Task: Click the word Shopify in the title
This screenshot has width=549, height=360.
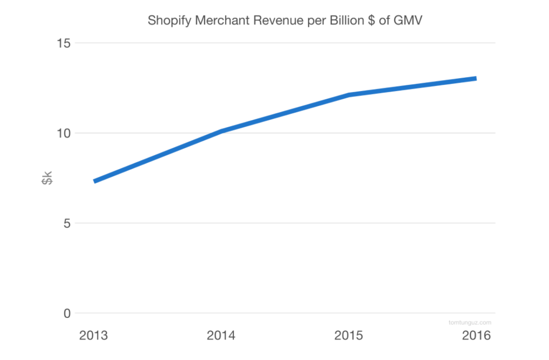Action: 165,21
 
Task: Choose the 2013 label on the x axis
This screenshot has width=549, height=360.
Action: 93,335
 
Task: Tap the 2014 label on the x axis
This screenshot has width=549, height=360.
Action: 221,335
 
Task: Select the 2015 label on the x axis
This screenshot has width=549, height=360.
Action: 349,335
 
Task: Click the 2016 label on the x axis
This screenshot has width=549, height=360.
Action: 476,335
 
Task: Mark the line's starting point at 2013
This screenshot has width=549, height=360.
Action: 94,181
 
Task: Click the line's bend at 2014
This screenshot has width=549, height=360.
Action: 221,131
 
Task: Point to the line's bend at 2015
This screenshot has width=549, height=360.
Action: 349,95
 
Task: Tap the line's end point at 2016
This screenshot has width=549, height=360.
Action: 475,79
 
